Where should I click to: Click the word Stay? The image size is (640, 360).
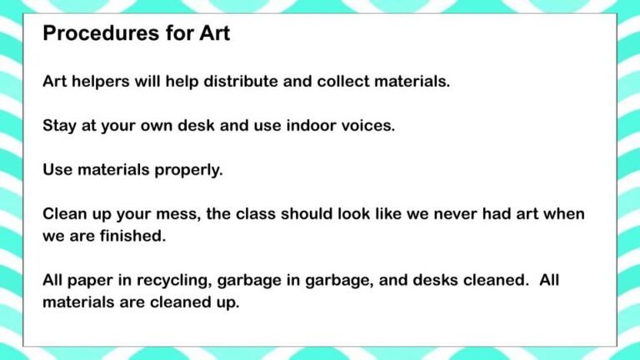(x=60, y=126)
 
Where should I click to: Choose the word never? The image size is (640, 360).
(x=454, y=213)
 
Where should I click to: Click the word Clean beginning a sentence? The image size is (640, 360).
(x=65, y=213)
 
